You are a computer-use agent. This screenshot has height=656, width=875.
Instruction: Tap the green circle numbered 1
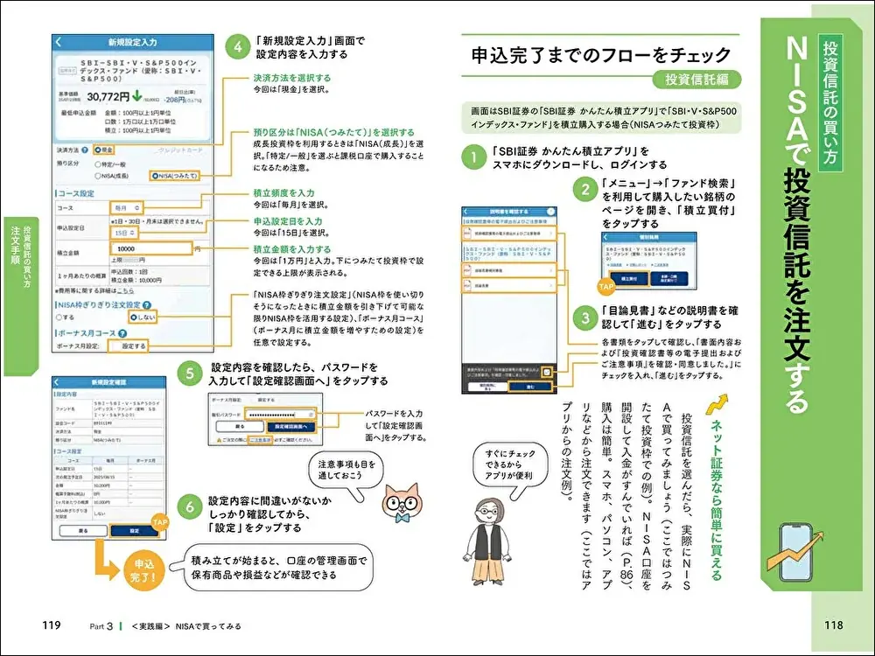point(472,157)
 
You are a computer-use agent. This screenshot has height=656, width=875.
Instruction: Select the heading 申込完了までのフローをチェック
point(600,54)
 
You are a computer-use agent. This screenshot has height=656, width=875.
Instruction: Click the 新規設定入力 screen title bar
point(131,41)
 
